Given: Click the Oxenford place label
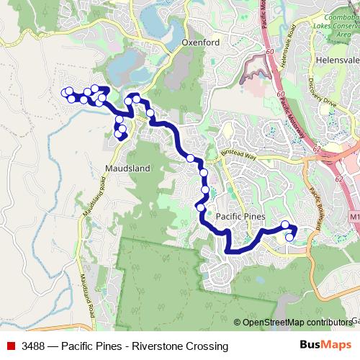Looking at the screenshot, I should point(200,42).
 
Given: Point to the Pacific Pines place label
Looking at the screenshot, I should point(240,217).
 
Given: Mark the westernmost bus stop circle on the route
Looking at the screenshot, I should point(66,92).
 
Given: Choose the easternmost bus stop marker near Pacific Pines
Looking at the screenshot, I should point(290,237).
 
